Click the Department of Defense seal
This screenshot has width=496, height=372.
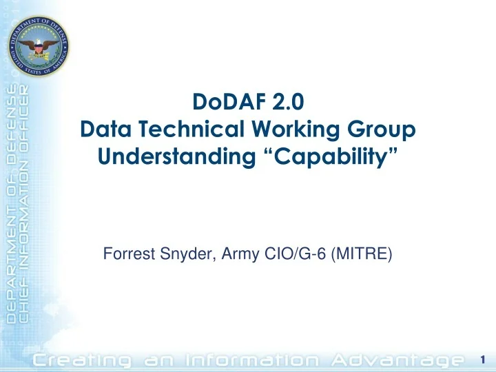tap(39, 46)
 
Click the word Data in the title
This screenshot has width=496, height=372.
tap(105, 129)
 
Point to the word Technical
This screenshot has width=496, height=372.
tap(192, 129)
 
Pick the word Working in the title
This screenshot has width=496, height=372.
tap(296, 130)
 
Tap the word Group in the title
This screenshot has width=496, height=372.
tap(381, 130)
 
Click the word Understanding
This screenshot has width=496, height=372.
tap(176, 157)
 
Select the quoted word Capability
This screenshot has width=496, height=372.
tap(331, 157)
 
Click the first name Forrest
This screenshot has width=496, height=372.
tap(129, 254)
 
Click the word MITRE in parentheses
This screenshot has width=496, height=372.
tap(362, 254)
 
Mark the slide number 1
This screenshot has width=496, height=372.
tap(483, 360)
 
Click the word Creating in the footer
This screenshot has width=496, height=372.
tap(82, 360)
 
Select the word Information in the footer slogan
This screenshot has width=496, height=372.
tap(252, 360)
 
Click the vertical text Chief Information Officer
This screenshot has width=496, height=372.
tap(23, 204)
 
